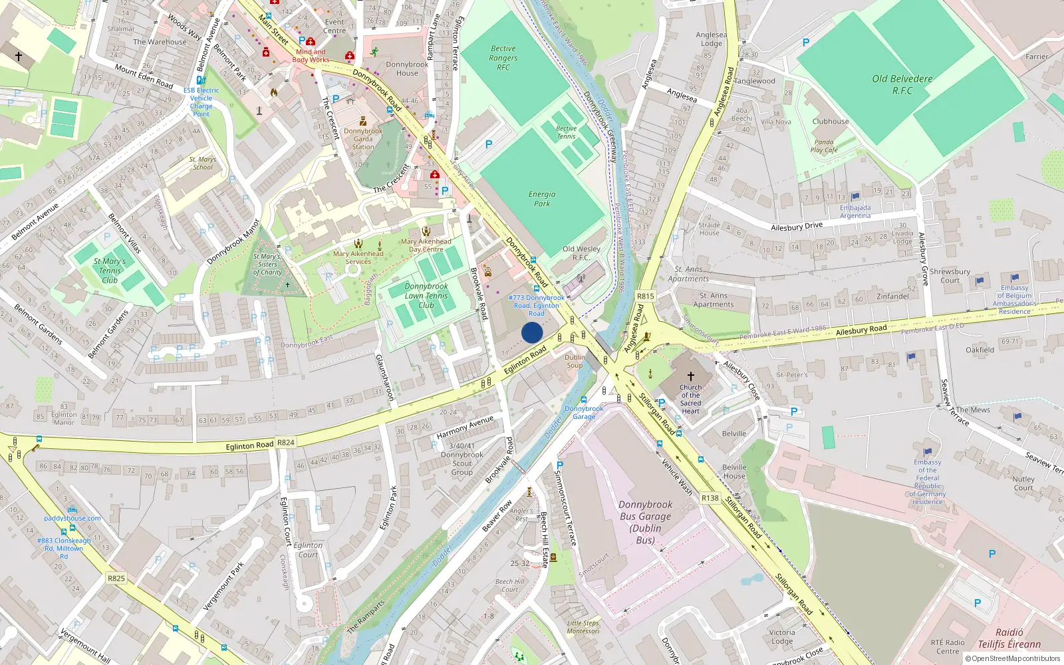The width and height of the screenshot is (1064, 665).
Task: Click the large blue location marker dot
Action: click(532, 332)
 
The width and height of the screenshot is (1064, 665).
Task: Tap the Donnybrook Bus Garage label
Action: click(645, 522)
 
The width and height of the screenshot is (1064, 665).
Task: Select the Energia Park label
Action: click(542, 199)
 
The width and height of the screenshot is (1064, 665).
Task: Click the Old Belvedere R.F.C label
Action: click(902, 84)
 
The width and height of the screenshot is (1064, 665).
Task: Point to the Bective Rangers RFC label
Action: click(503, 58)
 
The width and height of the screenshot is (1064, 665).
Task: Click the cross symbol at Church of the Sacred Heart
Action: click(690, 376)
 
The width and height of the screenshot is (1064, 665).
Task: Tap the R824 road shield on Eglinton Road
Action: click(286, 442)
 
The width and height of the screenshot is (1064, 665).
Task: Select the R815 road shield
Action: click(645, 297)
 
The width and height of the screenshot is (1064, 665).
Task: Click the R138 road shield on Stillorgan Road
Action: click(710, 497)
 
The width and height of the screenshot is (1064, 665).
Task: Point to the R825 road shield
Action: click(116, 578)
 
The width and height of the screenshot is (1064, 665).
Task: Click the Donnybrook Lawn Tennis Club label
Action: click(426, 296)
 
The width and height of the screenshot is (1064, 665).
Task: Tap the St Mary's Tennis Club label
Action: click(110, 271)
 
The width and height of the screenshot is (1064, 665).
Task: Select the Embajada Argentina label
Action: click(855, 211)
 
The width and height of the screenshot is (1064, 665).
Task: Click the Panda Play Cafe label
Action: click(824, 146)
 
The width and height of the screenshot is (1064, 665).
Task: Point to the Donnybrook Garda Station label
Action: click(363, 138)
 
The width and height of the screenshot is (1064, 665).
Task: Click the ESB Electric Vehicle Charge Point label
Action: click(201, 102)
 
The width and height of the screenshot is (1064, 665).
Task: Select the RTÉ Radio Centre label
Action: click(948, 646)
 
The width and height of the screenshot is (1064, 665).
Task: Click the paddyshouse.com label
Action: click(72, 518)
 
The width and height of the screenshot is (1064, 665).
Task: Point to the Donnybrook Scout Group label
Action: click(462, 459)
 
